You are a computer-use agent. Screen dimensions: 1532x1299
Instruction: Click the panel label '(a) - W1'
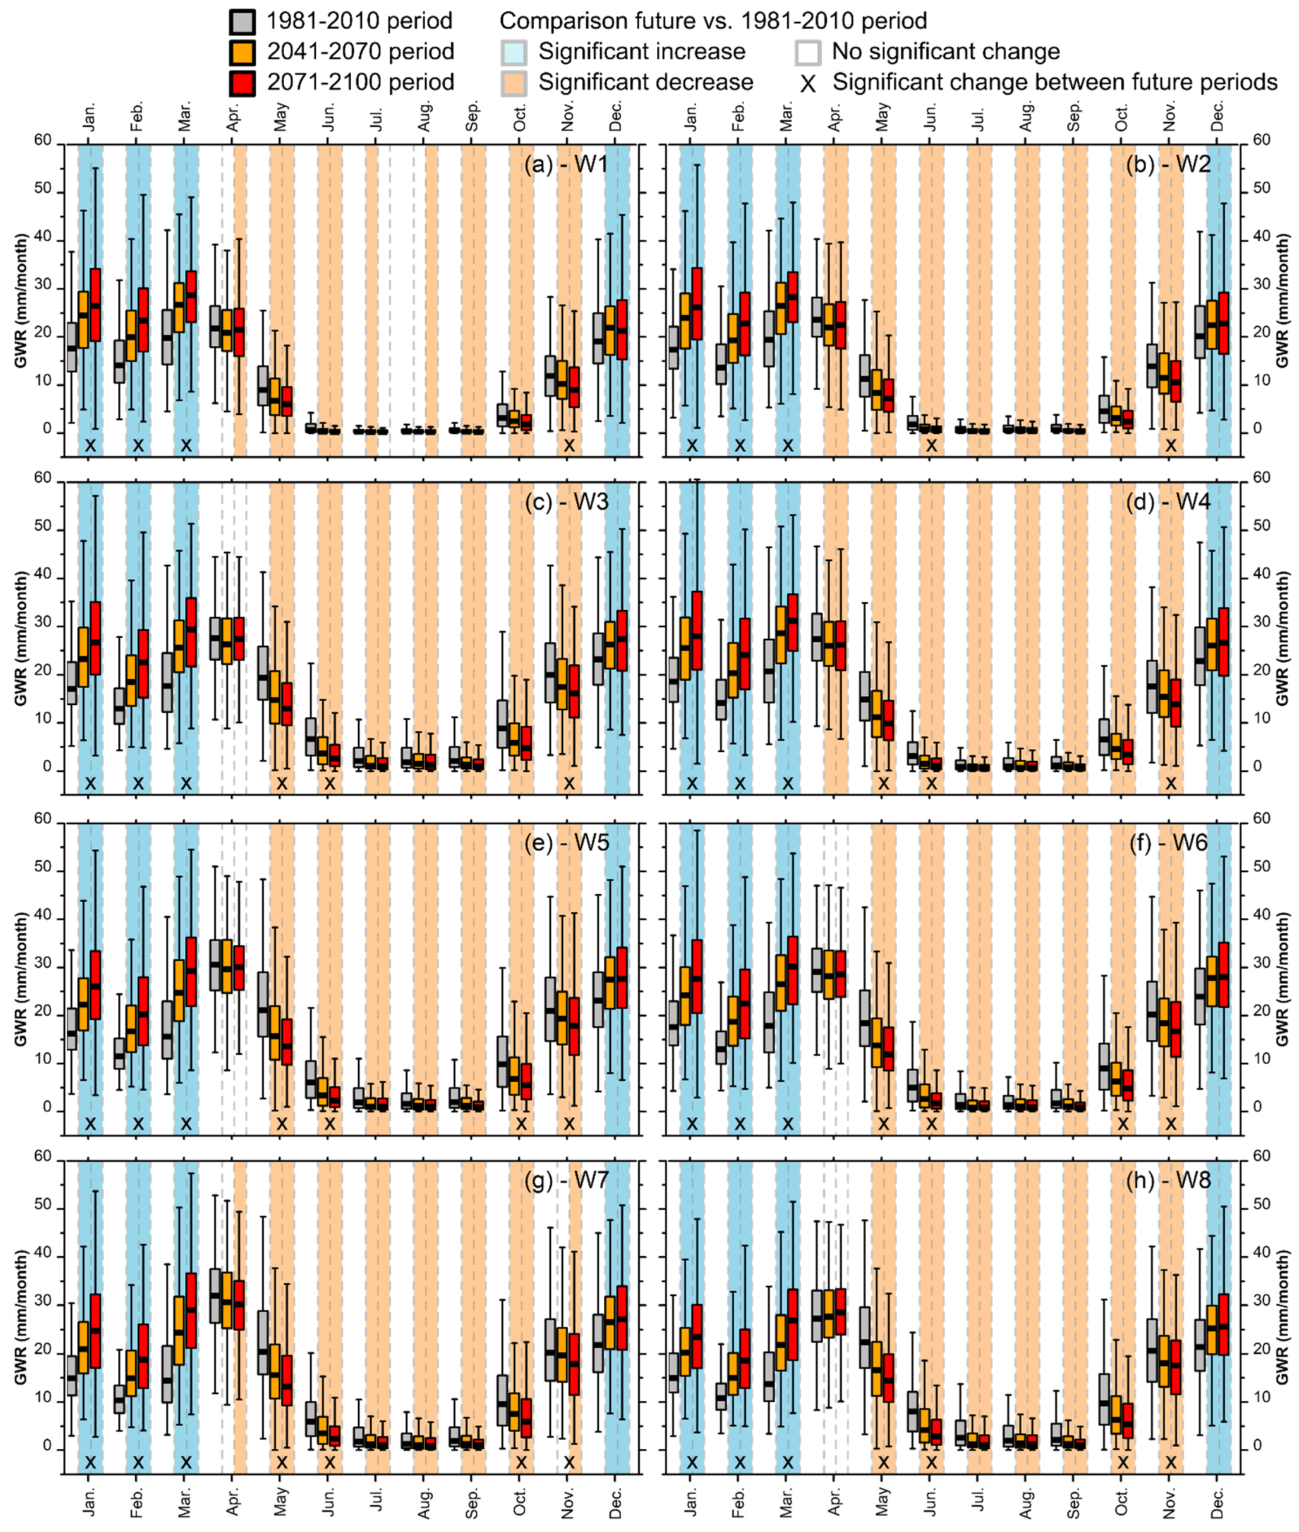click(x=565, y=164)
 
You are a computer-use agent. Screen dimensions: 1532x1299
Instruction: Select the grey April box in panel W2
click(x=816, y=317)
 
